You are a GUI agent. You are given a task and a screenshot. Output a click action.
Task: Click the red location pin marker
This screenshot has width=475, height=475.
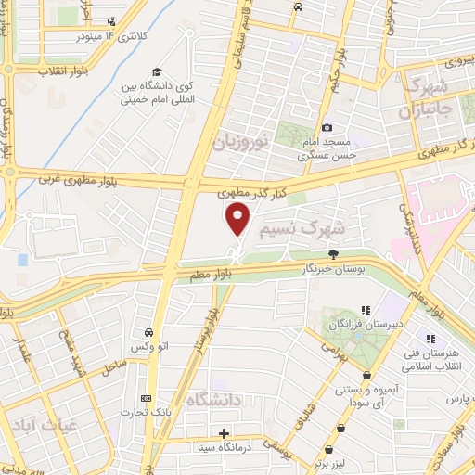238,220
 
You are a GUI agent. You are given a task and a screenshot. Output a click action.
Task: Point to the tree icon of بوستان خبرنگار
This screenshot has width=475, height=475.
333,252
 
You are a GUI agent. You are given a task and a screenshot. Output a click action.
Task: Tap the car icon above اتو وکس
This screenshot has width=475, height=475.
148,331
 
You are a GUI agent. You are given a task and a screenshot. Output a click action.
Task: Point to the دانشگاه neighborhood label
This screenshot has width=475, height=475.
215,400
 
